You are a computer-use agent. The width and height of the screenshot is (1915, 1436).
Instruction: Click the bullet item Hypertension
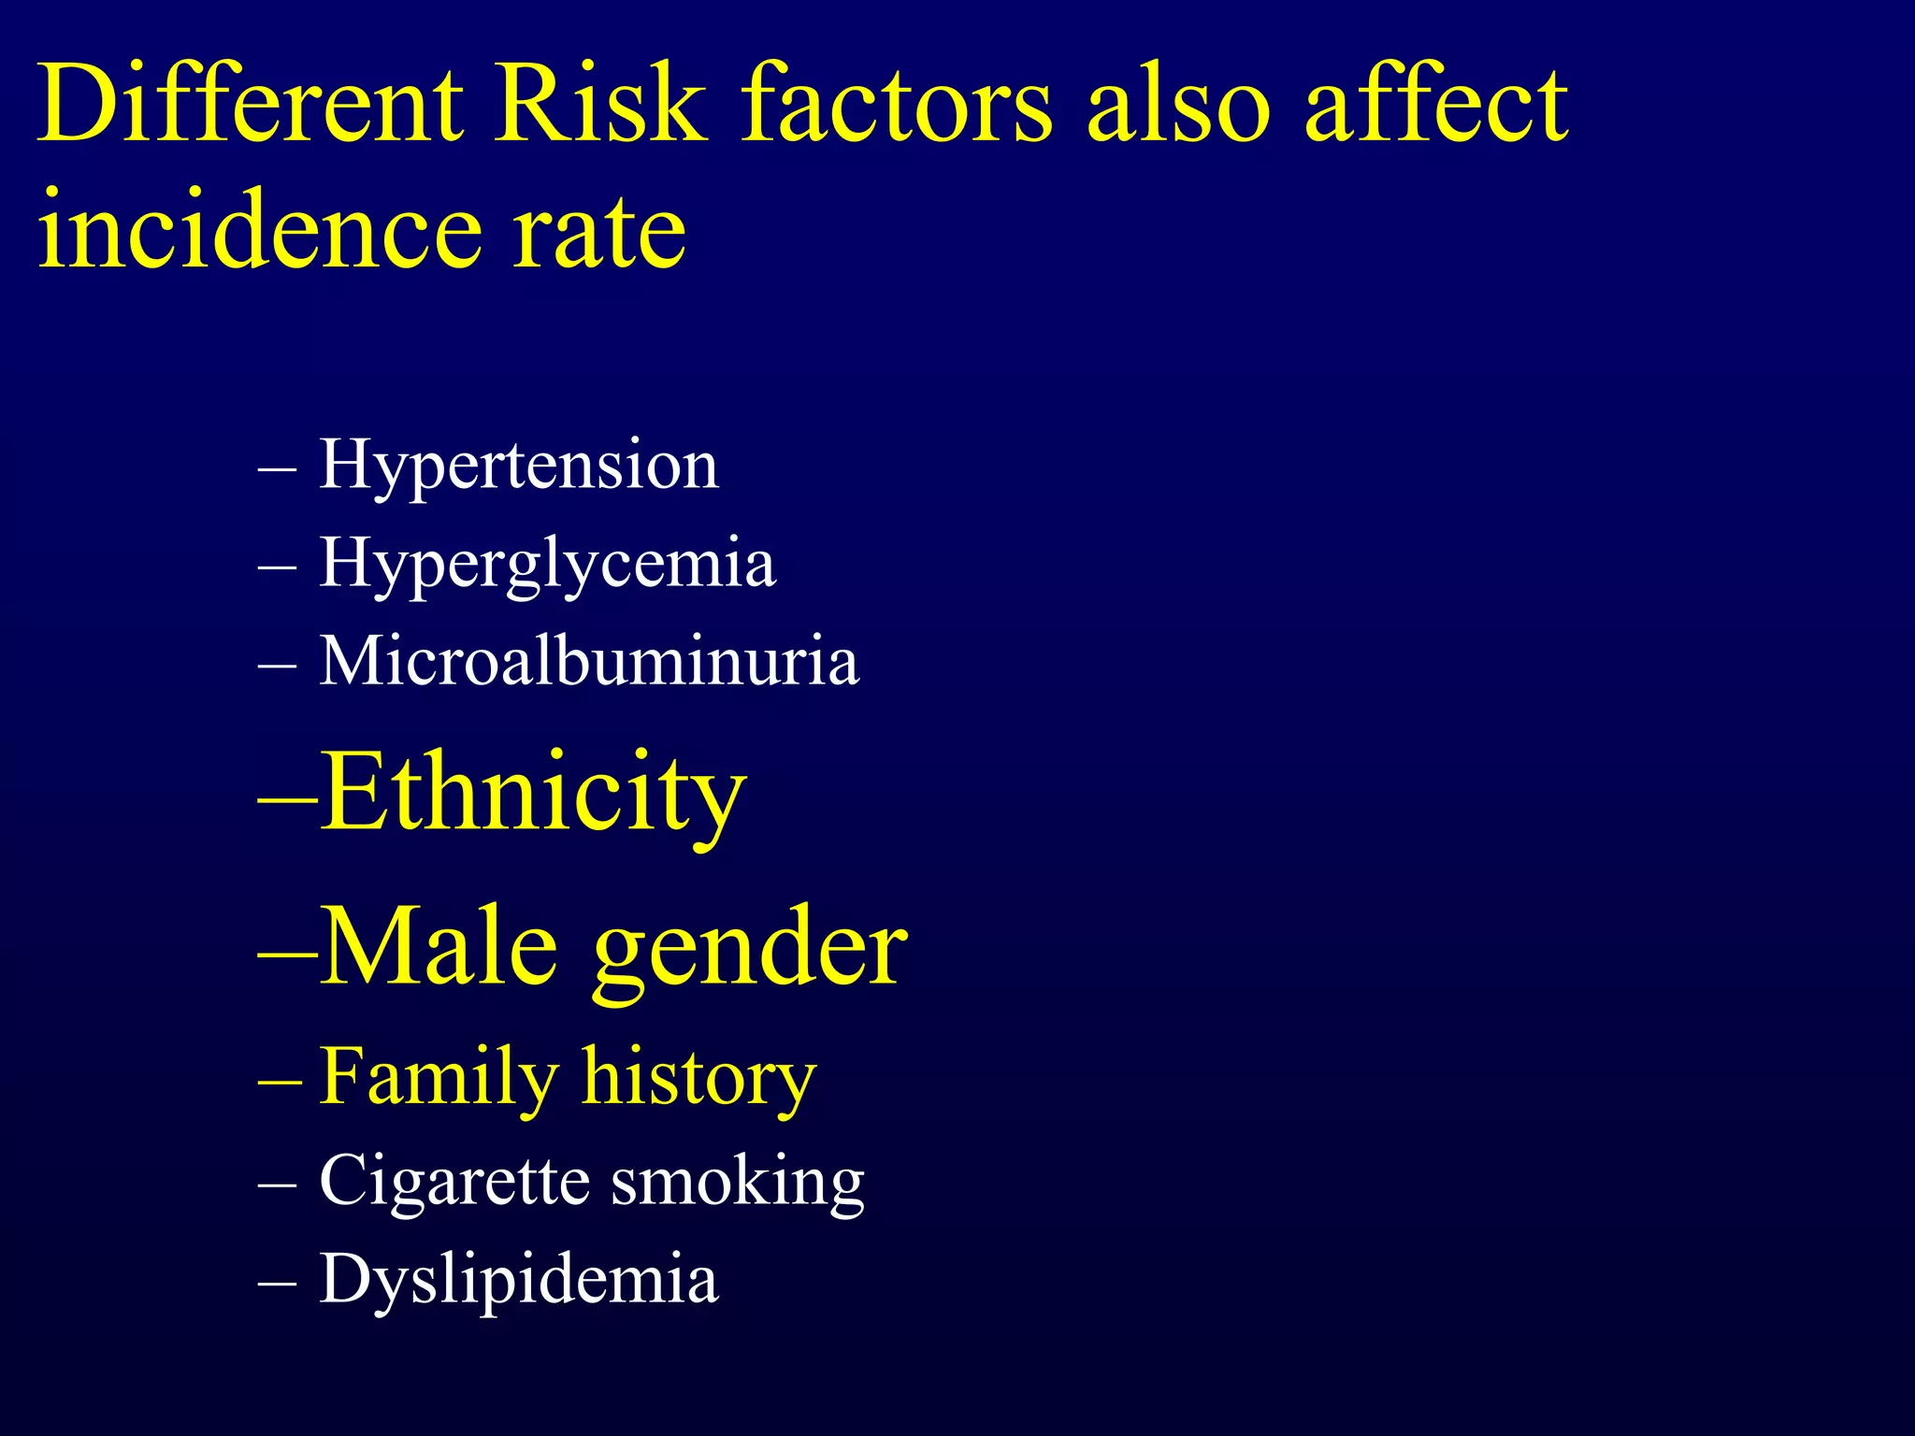coord(518,465)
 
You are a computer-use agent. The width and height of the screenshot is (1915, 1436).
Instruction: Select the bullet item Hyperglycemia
coord(547,564)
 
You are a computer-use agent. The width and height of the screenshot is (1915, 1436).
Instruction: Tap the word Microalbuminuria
coord(588,662)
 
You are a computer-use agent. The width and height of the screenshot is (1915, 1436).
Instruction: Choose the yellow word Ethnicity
coord(533,793)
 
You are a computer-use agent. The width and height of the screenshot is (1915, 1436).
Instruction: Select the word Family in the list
coord(439,1077)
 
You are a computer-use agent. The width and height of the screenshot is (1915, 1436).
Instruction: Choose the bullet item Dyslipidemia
coord(518,1279)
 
